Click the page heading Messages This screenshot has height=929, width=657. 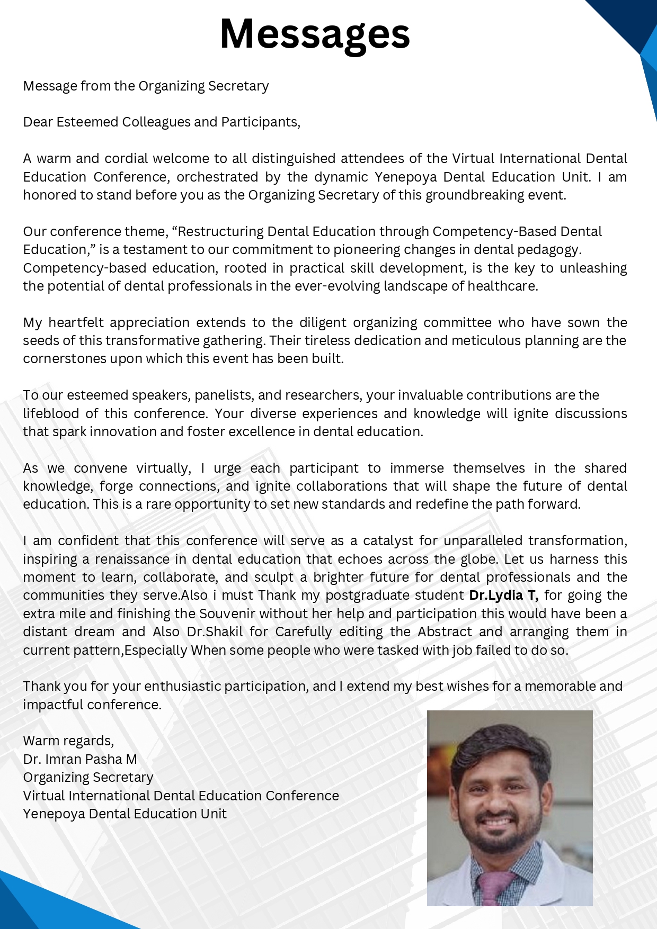click(x=315, y=34)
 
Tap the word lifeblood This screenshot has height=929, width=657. click(x=51, y=413)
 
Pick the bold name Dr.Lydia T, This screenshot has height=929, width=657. click(x=503, y=596)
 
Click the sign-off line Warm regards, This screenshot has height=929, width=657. click(x=68, y=741)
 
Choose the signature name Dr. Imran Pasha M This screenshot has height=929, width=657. click(x=80, y=759)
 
